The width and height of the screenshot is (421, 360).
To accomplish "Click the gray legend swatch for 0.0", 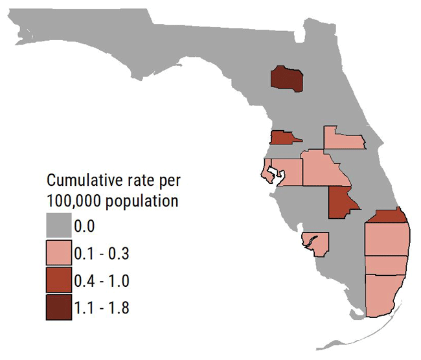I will (x=63, y=226).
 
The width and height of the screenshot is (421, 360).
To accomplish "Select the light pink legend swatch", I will (x=63, y=253).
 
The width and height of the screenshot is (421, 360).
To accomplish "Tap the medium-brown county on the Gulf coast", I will (x=282, y=137).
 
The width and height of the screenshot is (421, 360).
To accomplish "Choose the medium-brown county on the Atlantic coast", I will (x=387, y=216).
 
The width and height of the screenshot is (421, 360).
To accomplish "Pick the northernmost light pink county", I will (x=345, y=138).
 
